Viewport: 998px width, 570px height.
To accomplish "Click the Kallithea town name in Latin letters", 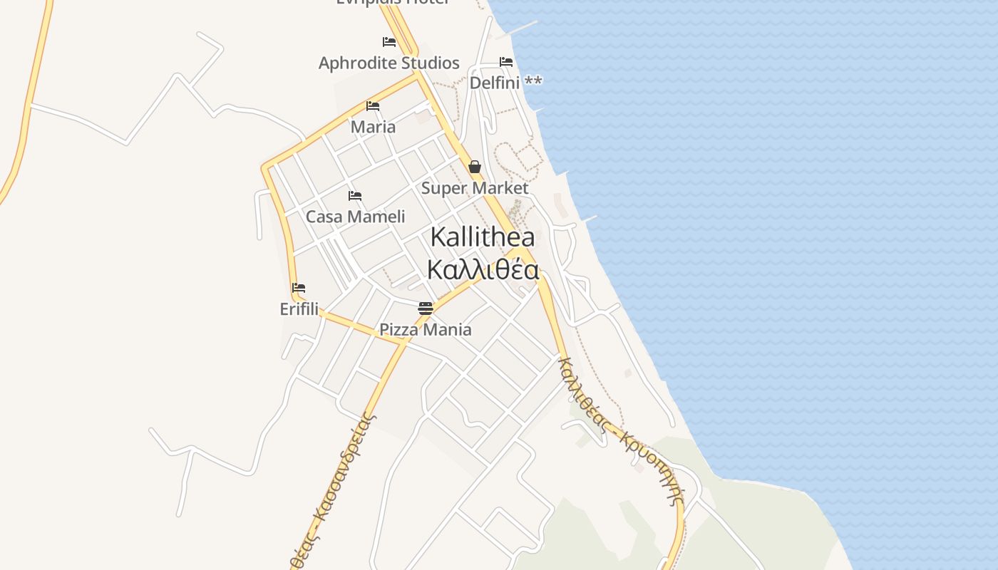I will (483, 237).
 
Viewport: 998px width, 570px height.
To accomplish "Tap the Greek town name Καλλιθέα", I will (483, 270).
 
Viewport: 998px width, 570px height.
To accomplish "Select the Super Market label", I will (474, 188).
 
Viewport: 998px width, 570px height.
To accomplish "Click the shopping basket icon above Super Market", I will (475, 167).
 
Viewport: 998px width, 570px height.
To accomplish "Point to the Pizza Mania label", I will (425, 329).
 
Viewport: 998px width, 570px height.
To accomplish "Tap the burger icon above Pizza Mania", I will (426, 308).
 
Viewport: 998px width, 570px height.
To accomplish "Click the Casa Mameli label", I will (355, 217).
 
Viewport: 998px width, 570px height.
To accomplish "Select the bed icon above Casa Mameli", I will (355, 196).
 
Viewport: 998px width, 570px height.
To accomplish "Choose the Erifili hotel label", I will (299, 309).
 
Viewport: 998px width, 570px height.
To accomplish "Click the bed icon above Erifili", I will (299, 288).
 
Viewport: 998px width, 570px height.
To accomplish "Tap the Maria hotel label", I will (373, 127).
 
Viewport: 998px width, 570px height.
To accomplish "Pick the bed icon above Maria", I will (373, 106).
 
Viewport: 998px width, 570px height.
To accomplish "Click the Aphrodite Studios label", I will (389, 63).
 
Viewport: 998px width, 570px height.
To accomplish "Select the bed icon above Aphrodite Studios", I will (389, 42).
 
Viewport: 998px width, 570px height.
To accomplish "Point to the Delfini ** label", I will (505, 83).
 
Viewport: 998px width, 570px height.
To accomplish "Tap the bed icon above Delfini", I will (506, 62).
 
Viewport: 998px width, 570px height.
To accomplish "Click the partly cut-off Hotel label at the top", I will (393, 2).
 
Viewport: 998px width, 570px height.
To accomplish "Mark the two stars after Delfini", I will (533, 82).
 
